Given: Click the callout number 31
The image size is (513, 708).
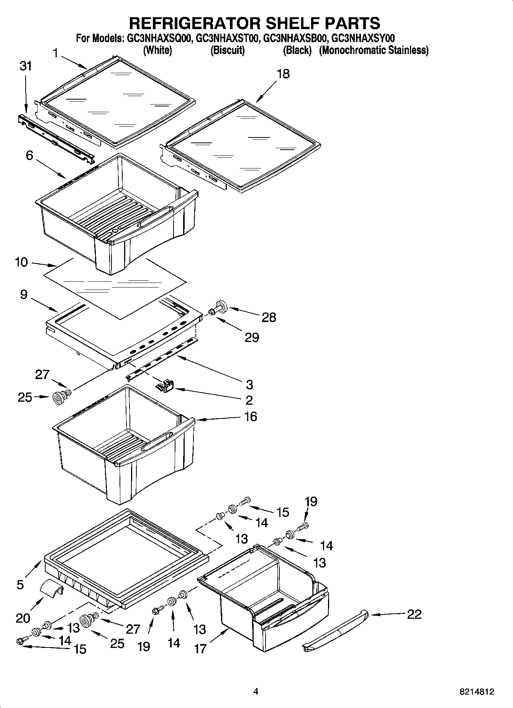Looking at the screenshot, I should coord(26,66).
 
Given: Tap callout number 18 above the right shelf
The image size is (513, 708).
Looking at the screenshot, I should coord(283,74).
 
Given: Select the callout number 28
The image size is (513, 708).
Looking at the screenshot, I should coord(269,317).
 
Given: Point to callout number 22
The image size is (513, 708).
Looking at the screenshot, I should coord(414,614).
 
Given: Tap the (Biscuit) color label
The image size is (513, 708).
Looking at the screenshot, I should coord(228,50).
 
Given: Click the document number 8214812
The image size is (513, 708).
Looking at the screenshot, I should coord(477,692).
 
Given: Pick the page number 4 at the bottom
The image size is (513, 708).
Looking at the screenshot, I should coord(256,691).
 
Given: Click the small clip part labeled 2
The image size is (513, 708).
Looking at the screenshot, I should coord(165,385).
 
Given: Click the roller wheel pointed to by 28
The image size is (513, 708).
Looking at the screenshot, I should coord(220,307).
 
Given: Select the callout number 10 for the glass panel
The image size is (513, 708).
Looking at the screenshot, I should coord(21,262).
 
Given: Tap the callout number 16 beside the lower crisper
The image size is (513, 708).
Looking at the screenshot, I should coord(251,416).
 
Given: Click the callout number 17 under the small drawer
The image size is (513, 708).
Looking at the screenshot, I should coord(200,648).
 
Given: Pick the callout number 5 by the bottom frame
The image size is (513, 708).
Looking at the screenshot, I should coord(20,584).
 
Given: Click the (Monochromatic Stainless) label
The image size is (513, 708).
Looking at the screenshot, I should coord(374,50).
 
